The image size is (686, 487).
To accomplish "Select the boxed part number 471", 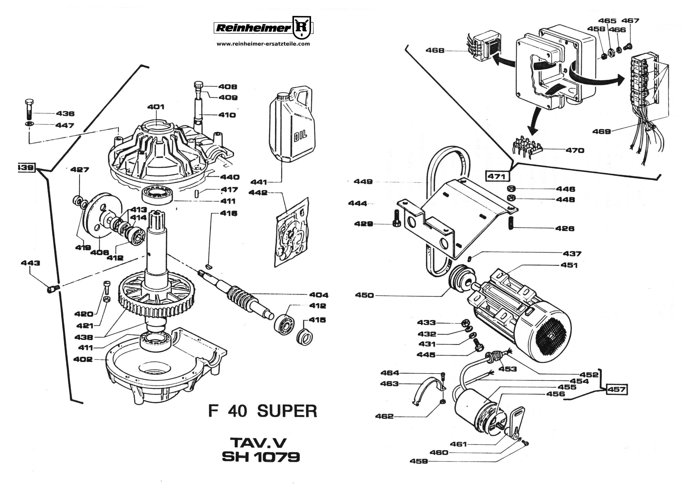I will [496, 176].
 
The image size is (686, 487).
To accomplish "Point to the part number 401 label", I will [156, 107].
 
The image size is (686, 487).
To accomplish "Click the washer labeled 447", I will [29, 124].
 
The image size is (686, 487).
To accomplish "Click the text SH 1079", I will [261, 457].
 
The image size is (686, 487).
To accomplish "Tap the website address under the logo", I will [263, 44].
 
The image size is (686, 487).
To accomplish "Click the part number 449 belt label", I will [363, 181].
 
